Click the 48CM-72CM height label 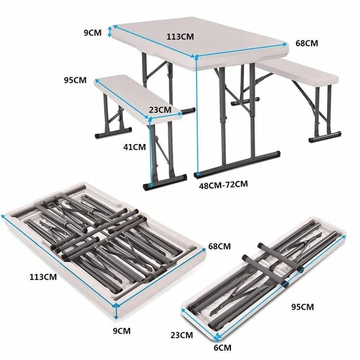223,185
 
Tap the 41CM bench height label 135,147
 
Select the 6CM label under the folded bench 223,348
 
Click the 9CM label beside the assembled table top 92,33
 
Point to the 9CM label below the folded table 122,331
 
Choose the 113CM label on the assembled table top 180,37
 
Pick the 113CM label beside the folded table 43,277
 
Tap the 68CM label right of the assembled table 307,43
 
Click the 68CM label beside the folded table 219,246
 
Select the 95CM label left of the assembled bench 75,80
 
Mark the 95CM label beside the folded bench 302,307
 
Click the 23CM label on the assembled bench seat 160,110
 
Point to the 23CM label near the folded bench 181,335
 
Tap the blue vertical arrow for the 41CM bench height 151,152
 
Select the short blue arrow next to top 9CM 110,31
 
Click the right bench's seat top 298,71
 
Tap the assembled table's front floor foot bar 237,164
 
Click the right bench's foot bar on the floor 325,137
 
